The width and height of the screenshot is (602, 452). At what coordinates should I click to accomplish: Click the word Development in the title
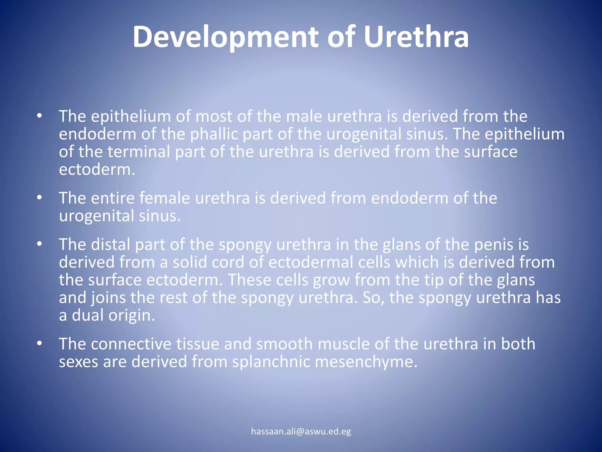coord(225,37)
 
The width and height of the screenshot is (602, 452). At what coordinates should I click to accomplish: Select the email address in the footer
coord(301,431)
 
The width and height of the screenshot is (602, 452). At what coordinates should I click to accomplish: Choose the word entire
coord(113,198)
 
